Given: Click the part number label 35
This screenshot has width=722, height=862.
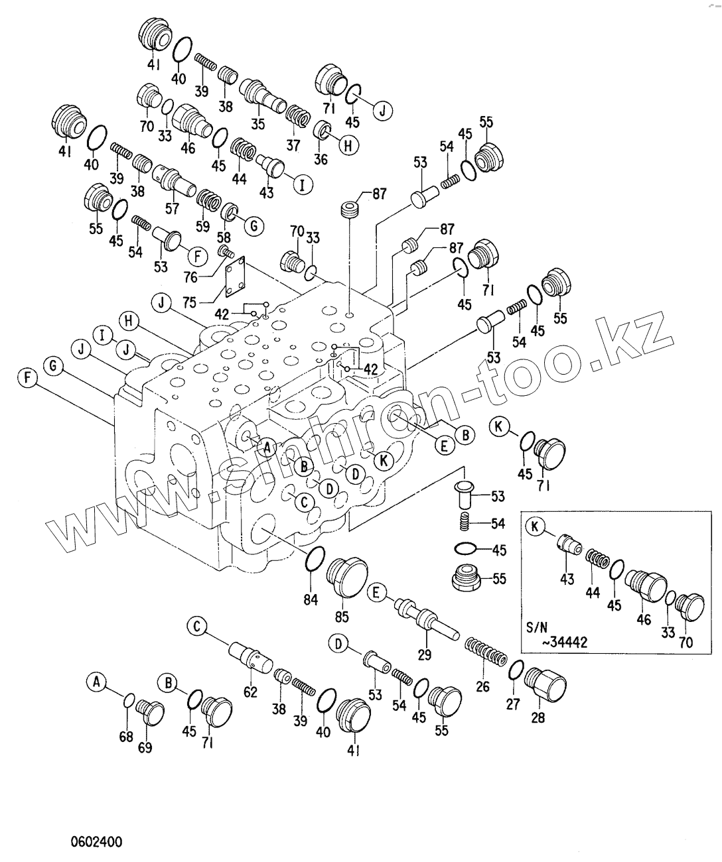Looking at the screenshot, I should (x=257, y=123).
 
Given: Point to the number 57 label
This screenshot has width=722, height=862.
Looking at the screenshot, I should (x=173, y=209).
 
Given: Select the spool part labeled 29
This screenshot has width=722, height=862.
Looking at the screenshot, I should (x=425, y=619).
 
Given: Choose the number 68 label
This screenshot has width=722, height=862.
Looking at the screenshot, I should (x=126, y=737).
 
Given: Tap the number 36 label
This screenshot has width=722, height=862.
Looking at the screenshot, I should (x=321, y=159).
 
